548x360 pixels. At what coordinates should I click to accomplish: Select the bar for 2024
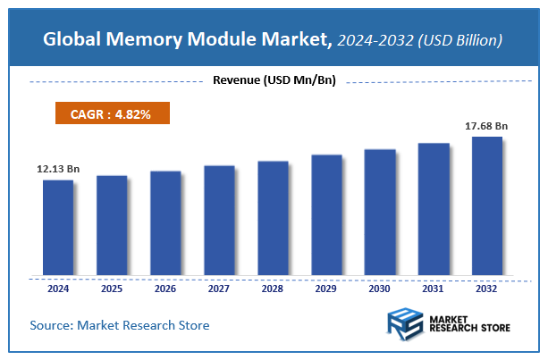(58, 227)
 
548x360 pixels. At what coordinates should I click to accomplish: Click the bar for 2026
(165, 222)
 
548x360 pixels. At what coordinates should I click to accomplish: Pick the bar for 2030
(380, 212)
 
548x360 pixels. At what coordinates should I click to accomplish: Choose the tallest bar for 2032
(487, 205)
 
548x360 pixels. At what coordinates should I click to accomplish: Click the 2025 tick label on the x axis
(112, 289)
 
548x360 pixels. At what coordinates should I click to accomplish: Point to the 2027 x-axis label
(219, 289)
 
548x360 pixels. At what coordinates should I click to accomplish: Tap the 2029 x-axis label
(326, 289)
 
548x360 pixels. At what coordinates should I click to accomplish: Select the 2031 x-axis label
(434, 289)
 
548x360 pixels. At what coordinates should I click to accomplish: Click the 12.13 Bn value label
(58, 169)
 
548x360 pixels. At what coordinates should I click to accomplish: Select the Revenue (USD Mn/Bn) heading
(274, 81)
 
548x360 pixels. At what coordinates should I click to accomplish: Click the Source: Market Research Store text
(120, 325)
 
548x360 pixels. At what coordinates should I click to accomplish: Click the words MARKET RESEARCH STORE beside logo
(471, 324)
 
